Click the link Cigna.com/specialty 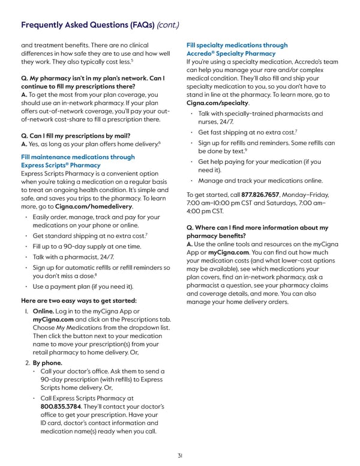click(x=218, y=103)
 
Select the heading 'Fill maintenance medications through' click(x=78, y=157)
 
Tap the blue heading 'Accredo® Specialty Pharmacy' click(x=231, y=53)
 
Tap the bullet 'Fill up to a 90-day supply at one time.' click(x=87, y=246)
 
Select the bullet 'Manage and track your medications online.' click(x=260, y=180)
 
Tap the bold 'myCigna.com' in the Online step click(x=53, y=321)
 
